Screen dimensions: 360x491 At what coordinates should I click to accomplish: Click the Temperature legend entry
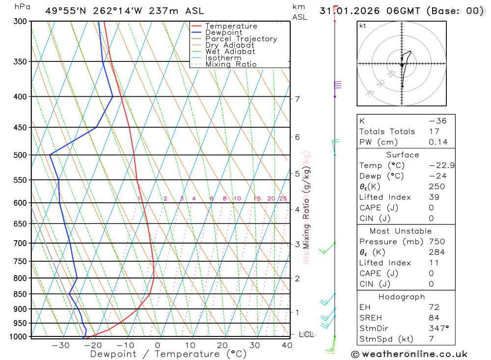coord(231,26)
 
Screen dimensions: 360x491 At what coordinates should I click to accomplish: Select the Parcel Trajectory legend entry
coord(241,39)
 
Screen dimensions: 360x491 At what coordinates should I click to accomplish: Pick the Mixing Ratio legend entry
coord(231,64)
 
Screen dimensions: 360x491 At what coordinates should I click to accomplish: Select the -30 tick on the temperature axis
coord(60,345)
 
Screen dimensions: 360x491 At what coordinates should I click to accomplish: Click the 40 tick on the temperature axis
coord(287,345)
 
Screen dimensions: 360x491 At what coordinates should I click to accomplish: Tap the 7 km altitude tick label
coord(297,99)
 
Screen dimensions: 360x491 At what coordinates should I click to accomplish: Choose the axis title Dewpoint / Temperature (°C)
coord(168,354)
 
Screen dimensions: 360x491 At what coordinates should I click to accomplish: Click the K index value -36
coord(437,121)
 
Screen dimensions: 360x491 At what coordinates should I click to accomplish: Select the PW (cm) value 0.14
coord(438,142)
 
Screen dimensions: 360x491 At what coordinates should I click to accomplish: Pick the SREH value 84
coord(434,318)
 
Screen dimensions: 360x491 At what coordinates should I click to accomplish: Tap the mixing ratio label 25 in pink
coord(283,199)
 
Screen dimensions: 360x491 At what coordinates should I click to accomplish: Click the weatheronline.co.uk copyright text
coord(409,354)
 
